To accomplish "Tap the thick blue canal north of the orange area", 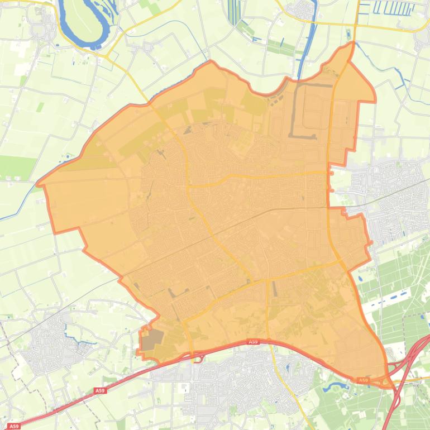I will [307, 50].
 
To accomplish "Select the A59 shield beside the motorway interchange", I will [364, 380].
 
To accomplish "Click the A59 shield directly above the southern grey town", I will [253, 341].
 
